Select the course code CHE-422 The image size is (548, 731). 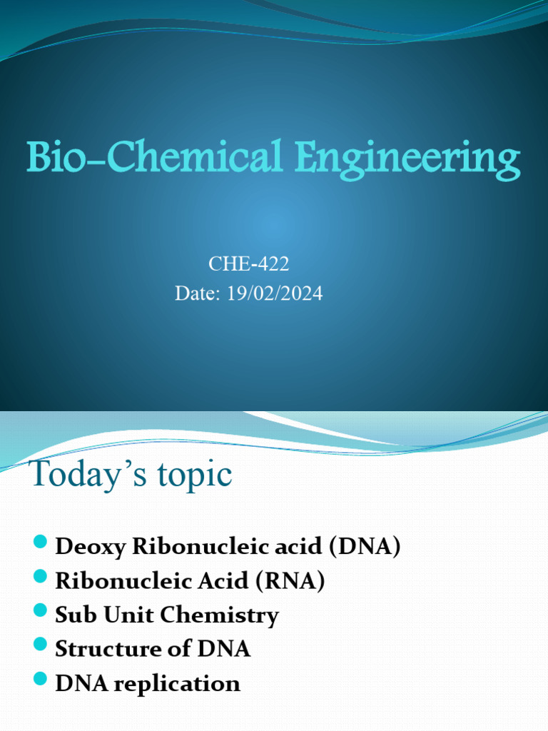coord(248,264)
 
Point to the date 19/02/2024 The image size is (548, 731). coord(275,293)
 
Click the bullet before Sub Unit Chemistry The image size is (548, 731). coord(40,612)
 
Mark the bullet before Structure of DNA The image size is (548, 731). coord(40,646)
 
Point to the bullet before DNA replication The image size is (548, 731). coord(40,680)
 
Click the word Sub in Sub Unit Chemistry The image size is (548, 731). coord(72,615)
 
